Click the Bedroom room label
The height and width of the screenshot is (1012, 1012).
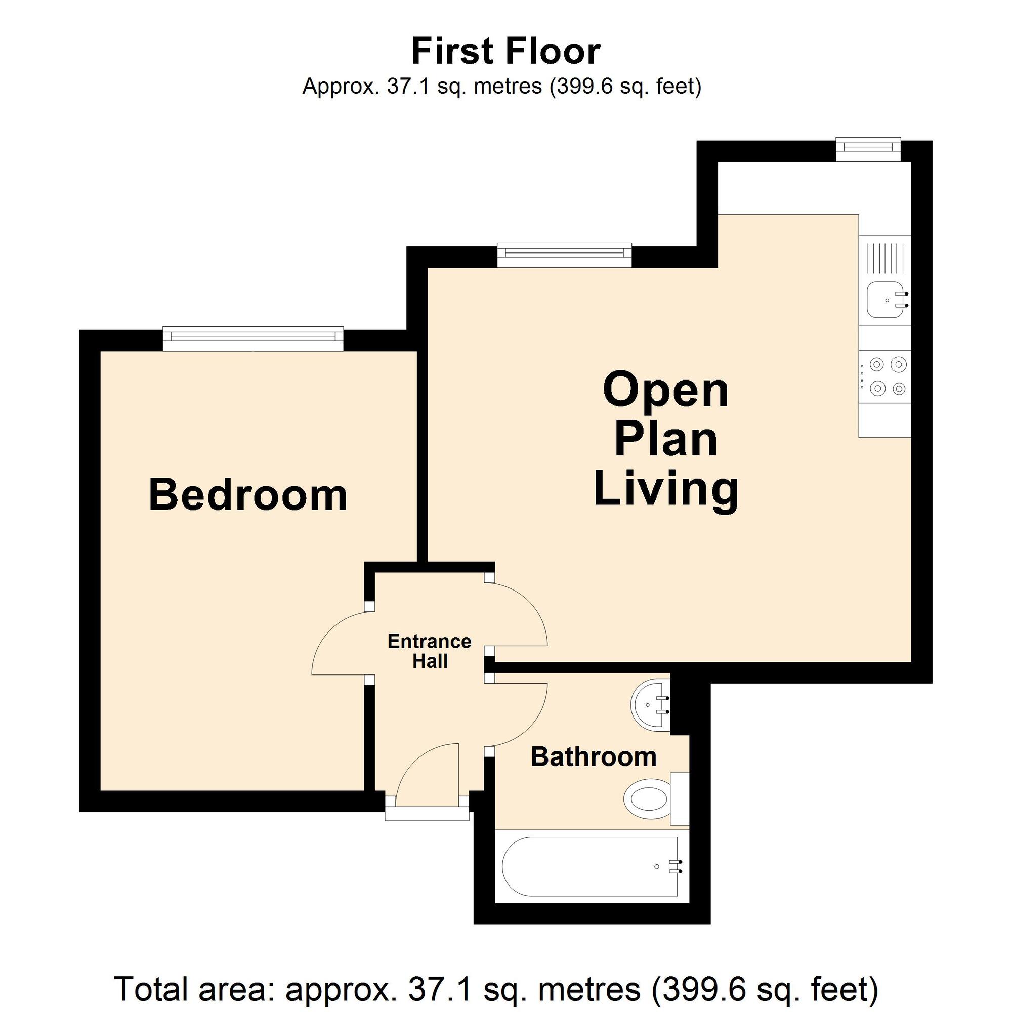tap(248, 494)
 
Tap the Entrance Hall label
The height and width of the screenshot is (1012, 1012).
tap(430, 651)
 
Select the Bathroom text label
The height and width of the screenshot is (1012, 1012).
tap(594, 757)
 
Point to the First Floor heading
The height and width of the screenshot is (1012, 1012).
tap(506, 51)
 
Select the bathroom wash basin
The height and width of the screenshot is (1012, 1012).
tap(651, 705)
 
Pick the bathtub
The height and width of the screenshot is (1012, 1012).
tap(591, 866)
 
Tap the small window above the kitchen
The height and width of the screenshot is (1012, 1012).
tap(868, 149)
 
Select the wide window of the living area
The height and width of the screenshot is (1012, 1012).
tap(564, 255)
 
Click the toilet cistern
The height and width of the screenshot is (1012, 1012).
tap(680, 799)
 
